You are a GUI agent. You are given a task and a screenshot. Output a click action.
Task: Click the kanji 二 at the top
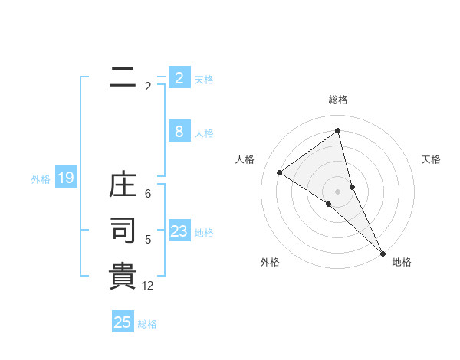coord(123,77)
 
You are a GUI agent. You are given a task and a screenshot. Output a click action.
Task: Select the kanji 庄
coord(123,186)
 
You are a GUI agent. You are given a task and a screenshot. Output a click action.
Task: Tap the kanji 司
coord(123,230)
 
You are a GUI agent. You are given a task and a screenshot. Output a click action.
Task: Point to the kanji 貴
coord(123,276)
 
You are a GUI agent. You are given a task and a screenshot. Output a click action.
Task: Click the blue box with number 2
coord(179,78)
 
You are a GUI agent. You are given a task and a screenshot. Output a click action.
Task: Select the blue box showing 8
coord(179,132)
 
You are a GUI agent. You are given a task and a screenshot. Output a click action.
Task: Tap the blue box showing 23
coord(179,231)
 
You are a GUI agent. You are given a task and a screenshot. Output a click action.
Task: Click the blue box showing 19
coord(65,178)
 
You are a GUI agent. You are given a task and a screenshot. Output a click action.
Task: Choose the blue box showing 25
coord(123,322)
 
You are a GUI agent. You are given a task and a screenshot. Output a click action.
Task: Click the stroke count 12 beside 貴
coord(148,286)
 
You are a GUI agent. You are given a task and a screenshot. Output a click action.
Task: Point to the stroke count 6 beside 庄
coord(148,194)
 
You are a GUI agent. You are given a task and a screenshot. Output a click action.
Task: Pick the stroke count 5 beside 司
coord(148,240)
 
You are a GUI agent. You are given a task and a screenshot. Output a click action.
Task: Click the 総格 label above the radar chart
coord(338,100)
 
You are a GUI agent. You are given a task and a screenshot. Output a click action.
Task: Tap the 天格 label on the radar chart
coord(431,159)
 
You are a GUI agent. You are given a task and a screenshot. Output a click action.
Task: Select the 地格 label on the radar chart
coord(402,262)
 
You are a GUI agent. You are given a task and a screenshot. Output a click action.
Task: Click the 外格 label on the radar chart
coord(270,262)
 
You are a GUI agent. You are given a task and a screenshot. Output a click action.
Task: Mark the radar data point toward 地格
coord(383,253)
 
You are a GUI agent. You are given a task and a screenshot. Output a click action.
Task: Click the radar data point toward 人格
coord(280,172)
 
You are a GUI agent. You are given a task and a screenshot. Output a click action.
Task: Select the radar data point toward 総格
coord(338,131)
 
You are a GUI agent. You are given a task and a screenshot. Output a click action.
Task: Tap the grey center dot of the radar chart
coord(337,191)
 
